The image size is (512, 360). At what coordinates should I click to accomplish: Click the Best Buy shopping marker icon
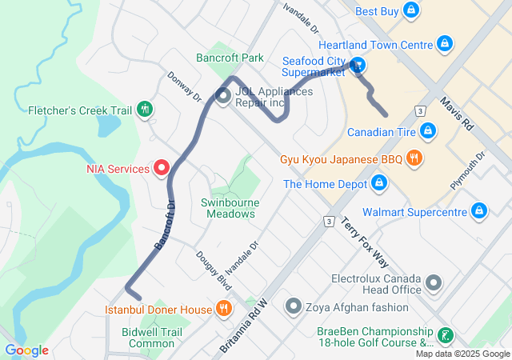tap(410, 10)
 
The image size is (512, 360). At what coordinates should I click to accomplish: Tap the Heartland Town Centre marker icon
tap(445, 45)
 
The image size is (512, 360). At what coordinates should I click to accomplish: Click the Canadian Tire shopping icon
tap(428, 130)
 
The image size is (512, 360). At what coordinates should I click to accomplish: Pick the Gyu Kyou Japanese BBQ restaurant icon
tap(414, 158)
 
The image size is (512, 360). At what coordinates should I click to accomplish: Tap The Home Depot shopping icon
tap(379, 185)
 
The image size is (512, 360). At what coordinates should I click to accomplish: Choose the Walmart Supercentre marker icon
tap(478, 211)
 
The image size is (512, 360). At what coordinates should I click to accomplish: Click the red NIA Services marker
tap(161, 168)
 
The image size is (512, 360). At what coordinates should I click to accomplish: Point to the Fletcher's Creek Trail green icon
tap(144, 110)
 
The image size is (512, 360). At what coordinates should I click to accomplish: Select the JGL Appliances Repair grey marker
tap(223, 97)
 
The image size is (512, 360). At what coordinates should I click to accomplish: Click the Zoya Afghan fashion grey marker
tap(294, 306)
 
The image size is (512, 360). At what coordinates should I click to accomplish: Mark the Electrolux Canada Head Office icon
tap(434, 282)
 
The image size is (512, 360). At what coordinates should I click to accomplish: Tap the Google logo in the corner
tap(27, 350)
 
